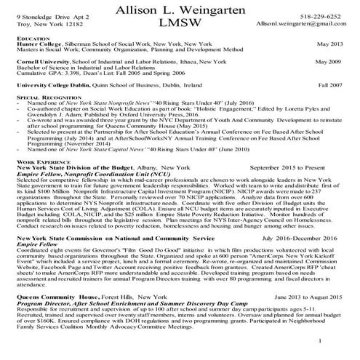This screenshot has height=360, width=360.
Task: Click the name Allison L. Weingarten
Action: click(180, 9)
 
